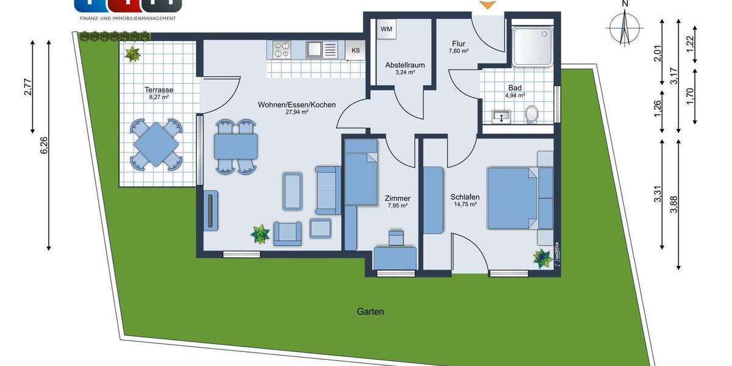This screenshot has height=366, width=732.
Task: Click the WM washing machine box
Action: pyautogui.click(x=386, y=29)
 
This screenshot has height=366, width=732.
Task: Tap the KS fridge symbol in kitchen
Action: pyautogui.click(x=355, y=51)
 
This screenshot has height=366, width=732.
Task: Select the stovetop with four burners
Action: pyautogui.click(x=282, y=49)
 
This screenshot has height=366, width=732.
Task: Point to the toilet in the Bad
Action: pyautogui.click(x=532, y=114)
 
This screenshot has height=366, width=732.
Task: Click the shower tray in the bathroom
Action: pyautogui.click(x=533, y=46)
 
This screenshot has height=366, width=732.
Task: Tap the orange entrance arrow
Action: pyautogui.click(x=487, y=5)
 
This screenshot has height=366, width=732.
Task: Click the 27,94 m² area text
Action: pyautogui.click(x=296, y=112)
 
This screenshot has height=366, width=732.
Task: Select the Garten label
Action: pyautogui.click(x=370, y=311)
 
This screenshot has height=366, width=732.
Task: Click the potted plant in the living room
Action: pyautogui.click(x=260, y=234)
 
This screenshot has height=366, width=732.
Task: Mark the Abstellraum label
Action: pyautogui.click(x=404, y=65)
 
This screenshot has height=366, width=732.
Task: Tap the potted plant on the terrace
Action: pyautogui.click(x=132, y=54)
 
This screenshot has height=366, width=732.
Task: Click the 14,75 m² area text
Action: pyautogui.click(x=465, y=205)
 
